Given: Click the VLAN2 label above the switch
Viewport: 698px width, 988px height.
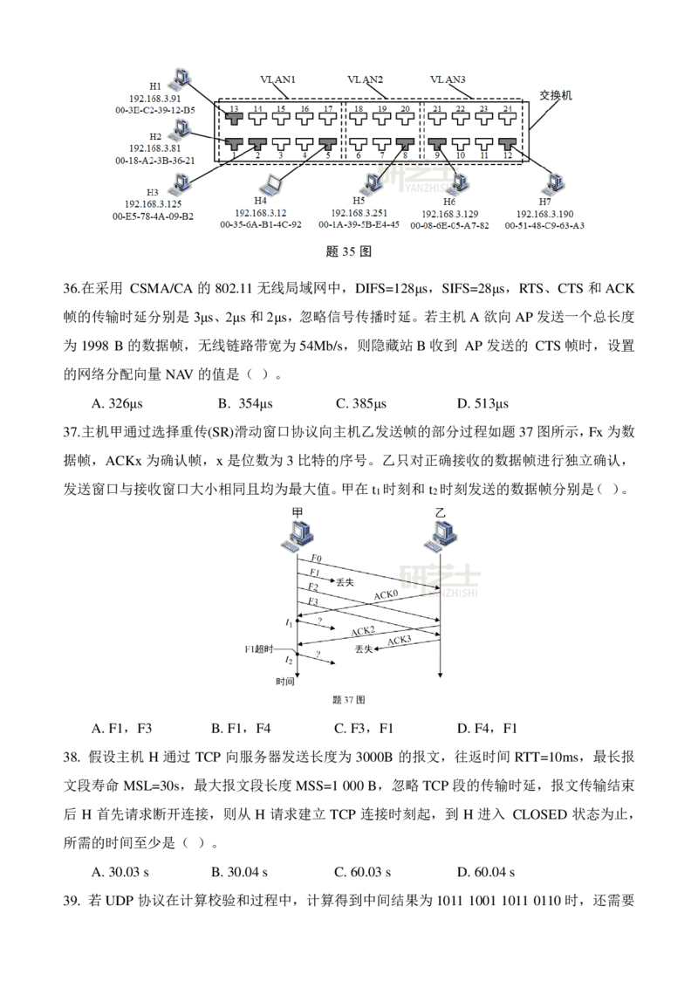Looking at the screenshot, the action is [x=365, y=79].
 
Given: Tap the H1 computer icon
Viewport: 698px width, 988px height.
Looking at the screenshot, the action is [x=181, y=76].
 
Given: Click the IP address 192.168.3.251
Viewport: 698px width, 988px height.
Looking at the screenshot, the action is [x=359, y=213].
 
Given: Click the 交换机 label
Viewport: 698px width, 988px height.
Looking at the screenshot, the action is [x=555, y=95].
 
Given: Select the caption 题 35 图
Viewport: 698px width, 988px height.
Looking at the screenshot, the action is [x=348, y=251].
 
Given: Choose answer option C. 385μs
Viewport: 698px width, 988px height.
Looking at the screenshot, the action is [x=361, y=403].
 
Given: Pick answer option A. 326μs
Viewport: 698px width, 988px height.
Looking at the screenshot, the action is [x=117, y=403].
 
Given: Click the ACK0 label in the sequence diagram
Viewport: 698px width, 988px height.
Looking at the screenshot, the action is [x=386, y=594].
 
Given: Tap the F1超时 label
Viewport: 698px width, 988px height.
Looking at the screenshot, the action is [x=259, y=649].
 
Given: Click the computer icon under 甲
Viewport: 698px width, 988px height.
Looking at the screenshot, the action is [x=298, y=536].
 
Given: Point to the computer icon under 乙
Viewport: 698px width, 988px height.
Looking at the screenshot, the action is [x=441, y=536].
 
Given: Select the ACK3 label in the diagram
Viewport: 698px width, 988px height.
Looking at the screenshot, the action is [x=399, y=640].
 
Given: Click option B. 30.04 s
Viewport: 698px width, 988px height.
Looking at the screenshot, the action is [x=239, y=872].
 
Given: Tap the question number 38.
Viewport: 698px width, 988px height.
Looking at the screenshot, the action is [x=72, y=757].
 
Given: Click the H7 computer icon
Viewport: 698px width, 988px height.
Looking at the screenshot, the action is [x=553, y=182].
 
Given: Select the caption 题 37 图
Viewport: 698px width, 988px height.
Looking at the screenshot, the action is [x=348, y=699].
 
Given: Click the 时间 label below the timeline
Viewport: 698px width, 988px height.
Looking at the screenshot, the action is [x=284, y=681].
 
